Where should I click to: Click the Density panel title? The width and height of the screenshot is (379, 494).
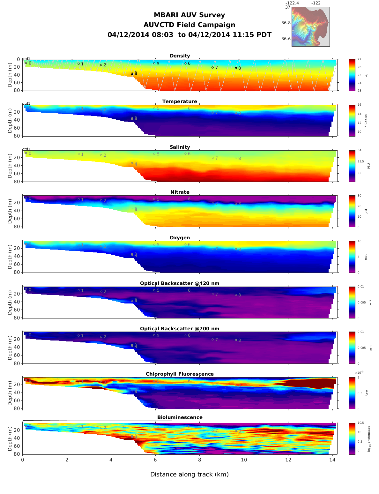tap(180, 56)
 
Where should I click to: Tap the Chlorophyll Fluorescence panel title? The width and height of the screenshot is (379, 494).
tap(180, 374)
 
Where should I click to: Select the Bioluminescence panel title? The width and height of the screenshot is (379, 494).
tap(180, 417)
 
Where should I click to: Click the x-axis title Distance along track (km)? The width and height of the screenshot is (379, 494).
tap(189, 475)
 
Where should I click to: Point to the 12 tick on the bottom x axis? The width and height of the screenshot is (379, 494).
tap(288, 460)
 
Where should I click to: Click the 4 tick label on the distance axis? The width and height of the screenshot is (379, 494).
tap(111, 460)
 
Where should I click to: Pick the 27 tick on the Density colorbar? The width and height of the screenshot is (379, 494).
tap(360, 59)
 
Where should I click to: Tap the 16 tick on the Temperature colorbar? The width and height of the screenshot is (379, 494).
tap(360, 105)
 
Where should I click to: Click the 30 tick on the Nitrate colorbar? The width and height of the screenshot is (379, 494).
tap(360, 196)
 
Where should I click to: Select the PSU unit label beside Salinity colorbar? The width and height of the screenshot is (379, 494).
tap(368, 166)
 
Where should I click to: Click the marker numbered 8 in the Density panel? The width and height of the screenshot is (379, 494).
tap(236, 68)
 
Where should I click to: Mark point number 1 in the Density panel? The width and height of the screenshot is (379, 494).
tap(78, 64)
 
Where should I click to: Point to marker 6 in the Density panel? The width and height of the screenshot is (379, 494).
tap(185, 63)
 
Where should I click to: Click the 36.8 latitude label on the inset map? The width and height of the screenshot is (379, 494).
tap(286, 23)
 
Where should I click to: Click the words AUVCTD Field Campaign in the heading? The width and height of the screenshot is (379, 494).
tap(189, 25)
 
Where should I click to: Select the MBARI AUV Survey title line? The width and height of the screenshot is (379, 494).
tap(189, 15)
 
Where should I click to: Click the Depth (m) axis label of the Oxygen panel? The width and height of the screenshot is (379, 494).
tap(10, 257)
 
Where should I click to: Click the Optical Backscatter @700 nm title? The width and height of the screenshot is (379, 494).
tap(180, 329)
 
